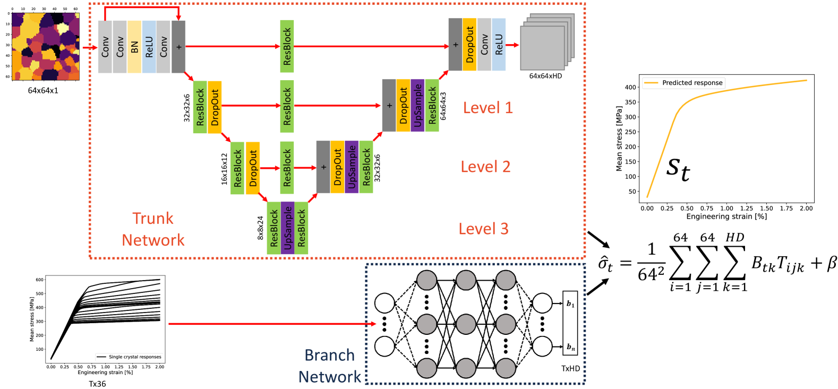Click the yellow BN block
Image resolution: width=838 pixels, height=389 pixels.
pyautogui.click(x=134, y=47)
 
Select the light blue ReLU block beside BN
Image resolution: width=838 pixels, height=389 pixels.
pyautogui.click(x=149, y=47)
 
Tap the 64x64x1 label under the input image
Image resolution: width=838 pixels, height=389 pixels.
pyautogui.click(x=43, y=90)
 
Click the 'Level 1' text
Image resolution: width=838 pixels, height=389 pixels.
pyautogui.click(x=488, y=108)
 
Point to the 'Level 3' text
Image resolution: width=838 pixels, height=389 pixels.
pyautogui.click(x=483, y=229)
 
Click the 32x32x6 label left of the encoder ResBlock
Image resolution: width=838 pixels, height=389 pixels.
pyautogui.click(x=187, y=108)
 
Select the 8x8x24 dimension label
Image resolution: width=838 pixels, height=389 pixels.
pyautogui.click(x=260, y=228)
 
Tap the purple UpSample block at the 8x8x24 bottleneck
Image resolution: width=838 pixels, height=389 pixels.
pyautogui.click(x=287, y=228)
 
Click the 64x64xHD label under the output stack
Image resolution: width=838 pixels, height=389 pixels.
pyautogui.click(x=545, y=76)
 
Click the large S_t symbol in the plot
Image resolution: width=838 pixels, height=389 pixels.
pyautogui.click(x=678, y=169)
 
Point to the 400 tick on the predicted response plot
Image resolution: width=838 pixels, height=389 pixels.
pyautogui.click(x=630, y=87)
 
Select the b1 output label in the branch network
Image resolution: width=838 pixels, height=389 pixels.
pyautogui.click(x=570, y=304)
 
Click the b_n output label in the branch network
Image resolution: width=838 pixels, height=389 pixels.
pyautogui.click(x=570, y=347)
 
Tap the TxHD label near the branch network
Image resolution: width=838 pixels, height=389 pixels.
pyautogui.click(x=570, y=368)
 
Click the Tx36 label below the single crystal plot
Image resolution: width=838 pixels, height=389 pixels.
pyautogui.click(x=97, y=384)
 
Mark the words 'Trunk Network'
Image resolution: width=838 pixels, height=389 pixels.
pyautogui.click(x=153, y=229)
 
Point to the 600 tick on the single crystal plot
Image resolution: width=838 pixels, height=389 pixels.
pyautogui.click(x=40, y=280)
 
